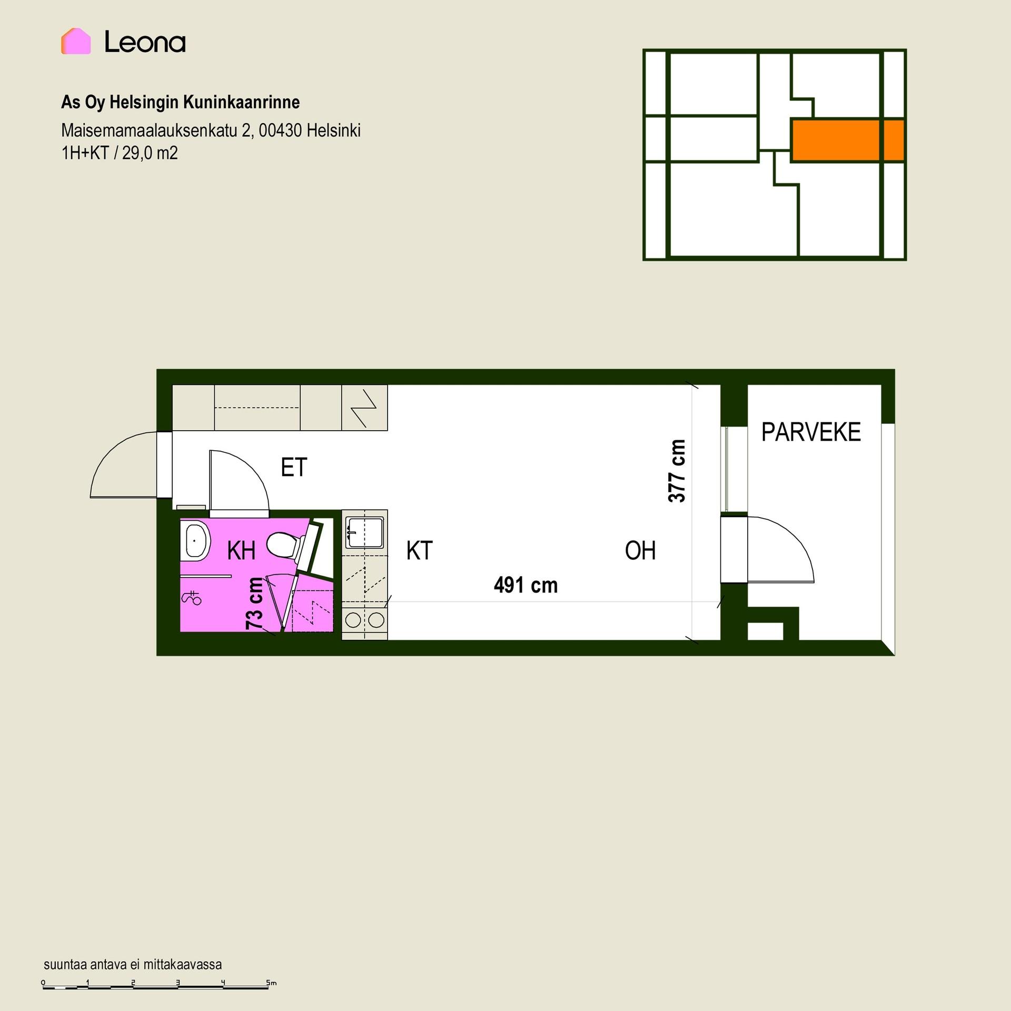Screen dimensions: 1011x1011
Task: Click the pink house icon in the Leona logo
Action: [x=76, y=41]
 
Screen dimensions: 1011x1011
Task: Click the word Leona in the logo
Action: [x=145, y=42]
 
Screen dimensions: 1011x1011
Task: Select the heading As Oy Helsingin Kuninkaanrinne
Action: [x=180, y=102]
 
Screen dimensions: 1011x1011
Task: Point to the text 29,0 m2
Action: [x=150, y=153]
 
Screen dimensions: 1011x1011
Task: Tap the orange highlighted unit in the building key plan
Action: [x=848, y=140]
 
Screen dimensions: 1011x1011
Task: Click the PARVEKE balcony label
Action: [x=811, y=432]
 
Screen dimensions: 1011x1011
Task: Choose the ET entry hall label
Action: [x=294, y=467]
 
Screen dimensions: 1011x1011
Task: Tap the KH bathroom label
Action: [x=241, y=551]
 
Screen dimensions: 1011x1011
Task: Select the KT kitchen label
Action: [x=419, y=551]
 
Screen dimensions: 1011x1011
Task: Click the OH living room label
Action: [x=640, y=551]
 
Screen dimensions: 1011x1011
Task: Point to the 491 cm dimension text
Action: [x=526, y=585]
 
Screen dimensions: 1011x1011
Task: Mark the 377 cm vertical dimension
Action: [x=677, y=471]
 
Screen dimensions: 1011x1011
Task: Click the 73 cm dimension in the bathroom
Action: [x=255, y=603]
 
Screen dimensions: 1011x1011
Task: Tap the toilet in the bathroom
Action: [x=287, y=546]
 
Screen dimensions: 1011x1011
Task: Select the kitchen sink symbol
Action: [x=364, y=533]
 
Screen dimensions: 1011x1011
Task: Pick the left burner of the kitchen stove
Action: [x=353, y=620]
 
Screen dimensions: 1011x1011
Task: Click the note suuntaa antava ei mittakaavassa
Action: [x=133, y=965]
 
